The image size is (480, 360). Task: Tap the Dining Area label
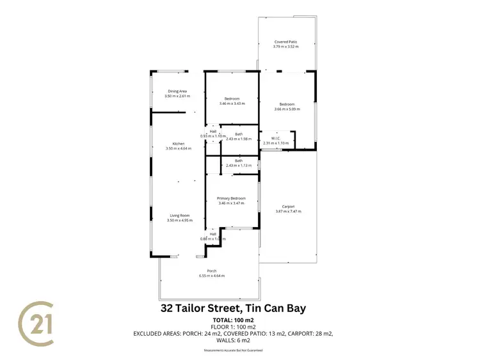(178, 91)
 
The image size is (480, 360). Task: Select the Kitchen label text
(178, 144)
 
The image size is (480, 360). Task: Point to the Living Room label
(179, 215)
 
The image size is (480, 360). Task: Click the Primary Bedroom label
(232, 198)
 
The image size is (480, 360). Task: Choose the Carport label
(289, 207)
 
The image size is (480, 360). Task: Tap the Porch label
(211, 271)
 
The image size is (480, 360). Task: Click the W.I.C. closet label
(276, 139)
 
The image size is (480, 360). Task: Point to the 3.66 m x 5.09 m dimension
(286, 109)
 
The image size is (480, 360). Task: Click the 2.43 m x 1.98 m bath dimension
(239, 139)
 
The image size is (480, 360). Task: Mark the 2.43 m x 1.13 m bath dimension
(239, 166)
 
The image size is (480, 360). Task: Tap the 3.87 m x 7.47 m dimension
(288, 212)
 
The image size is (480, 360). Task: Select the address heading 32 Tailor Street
(232, 308)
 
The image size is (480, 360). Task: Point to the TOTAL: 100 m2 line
(233, 320)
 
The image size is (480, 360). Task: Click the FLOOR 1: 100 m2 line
(233, 326)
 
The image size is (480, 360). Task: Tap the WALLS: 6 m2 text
(233, 341)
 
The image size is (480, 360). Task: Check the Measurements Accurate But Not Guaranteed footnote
(233, 350)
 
